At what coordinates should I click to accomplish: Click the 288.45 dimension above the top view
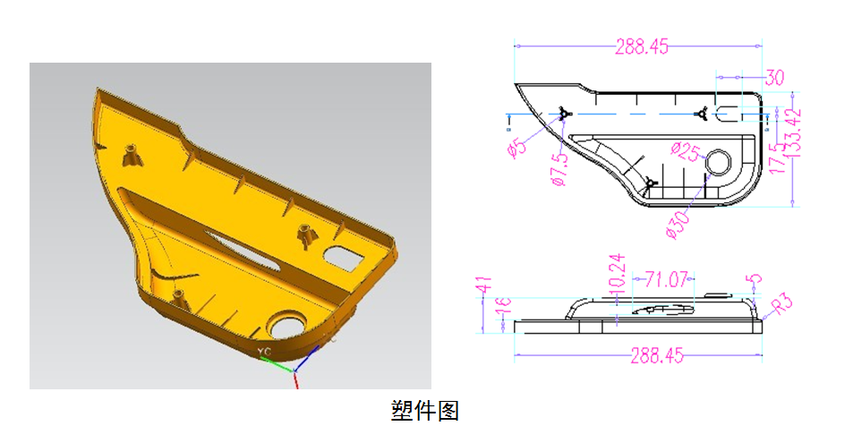[642, 47]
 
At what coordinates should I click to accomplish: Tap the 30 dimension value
[774, 78]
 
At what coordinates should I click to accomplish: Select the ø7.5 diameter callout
[560, 169]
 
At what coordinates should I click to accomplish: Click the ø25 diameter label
[685, 151]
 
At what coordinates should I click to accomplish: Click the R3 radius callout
[783, 305]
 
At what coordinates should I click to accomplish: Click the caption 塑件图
[425, 411]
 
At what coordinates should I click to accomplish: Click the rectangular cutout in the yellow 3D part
[342, 256]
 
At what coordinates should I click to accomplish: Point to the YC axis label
[264, 352]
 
